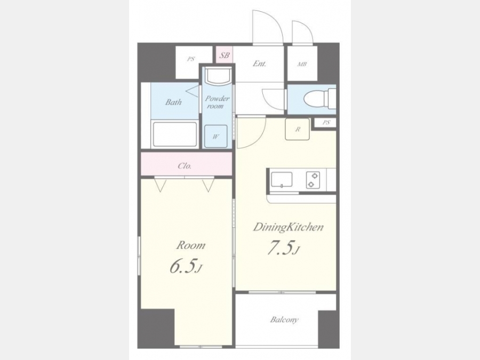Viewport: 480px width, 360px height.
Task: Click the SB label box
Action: pyautogui.click(x=225, y=55)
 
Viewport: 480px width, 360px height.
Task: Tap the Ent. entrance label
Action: pyautogui.click(x=259, y=63)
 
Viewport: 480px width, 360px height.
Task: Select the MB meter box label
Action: pyautogui.click(x=302, y=65)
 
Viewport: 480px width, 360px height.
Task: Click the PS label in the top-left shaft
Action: pyautogui.click(x=191, y=59)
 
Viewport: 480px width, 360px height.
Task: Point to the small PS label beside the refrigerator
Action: pyautogui.click(x=326, y=123)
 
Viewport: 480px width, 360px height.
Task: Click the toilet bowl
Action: pyautogui.click(x=315, y=99)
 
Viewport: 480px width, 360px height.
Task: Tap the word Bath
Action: pyautogui.click(x=173, y=102)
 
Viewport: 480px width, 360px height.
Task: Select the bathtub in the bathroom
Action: pyautogui.click(x=175, y=134)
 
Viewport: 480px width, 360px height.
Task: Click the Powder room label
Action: pyautogui.click(x=217, y=102)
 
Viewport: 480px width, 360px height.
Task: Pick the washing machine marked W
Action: pyautogui.click(x=216, y=136)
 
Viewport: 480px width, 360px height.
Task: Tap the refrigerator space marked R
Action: pyautogui.click(x=297, y=129)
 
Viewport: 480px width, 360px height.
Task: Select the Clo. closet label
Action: pyautogui.click(x=185, y=166)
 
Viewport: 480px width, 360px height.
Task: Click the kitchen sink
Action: pyautogui.click(x=282, y=180)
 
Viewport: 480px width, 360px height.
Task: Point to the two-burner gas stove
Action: pyautogui.click(x=313, y=180)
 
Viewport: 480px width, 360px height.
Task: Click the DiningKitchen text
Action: pyautogui.click(x=288, y=227)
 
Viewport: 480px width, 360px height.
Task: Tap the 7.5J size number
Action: pyautogui.click(x=283, y=248)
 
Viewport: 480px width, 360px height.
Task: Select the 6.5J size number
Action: pyautogui.click(x=186, y=266)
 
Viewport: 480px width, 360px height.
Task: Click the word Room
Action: pyautogui.click(x=191, y=245)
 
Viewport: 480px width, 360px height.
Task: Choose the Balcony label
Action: pyautogui.click(x=284, y=320)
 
